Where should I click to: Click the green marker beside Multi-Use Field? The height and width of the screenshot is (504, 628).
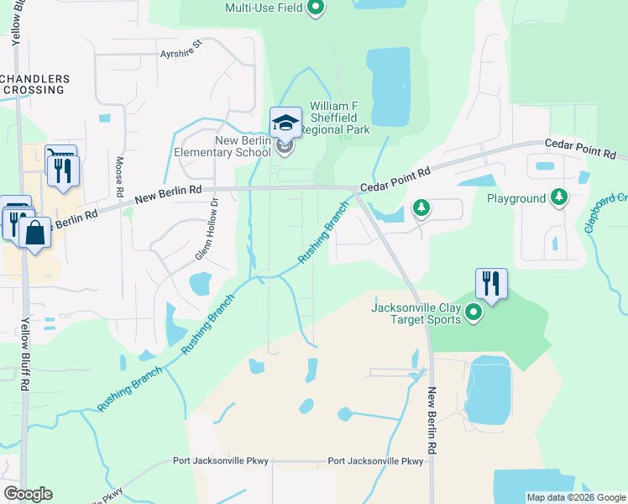316,8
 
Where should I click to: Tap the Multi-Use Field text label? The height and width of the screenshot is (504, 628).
264,8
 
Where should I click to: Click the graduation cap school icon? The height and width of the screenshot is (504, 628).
285,123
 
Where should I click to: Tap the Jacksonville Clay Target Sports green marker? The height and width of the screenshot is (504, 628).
474,314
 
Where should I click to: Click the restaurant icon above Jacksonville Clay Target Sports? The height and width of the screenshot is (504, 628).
491,284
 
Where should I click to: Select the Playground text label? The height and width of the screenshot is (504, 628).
516,198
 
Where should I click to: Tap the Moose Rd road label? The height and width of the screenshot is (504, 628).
120,178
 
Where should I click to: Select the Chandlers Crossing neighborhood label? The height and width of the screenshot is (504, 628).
34,84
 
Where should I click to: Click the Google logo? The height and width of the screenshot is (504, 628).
28,494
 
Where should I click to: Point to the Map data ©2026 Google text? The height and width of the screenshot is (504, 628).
575,497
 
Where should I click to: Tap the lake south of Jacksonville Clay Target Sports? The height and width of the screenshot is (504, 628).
488,390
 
